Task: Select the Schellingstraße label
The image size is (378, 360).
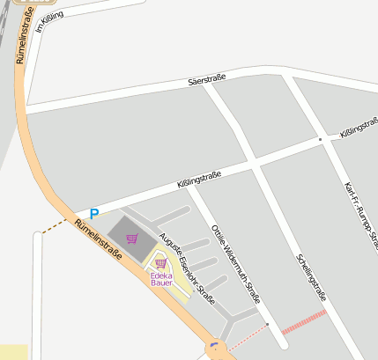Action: [x=312, y=279]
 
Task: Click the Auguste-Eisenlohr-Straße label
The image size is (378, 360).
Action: [x=186, y=269]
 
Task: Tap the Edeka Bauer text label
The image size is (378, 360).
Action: [x=161, y=278]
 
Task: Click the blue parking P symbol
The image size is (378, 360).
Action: [x=94, y=214]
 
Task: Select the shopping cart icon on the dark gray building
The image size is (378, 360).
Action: [x=132, y=238]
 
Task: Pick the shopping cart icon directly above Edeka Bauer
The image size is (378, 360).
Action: [x=160, y=262]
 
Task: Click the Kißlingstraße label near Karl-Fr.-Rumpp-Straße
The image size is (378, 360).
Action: [x=358, y=129]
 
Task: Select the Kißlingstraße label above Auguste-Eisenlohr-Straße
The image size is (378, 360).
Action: [x=199, y=180]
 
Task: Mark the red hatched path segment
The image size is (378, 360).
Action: [x=304, y=320]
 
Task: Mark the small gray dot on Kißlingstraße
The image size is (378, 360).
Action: [x=320, y=139]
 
